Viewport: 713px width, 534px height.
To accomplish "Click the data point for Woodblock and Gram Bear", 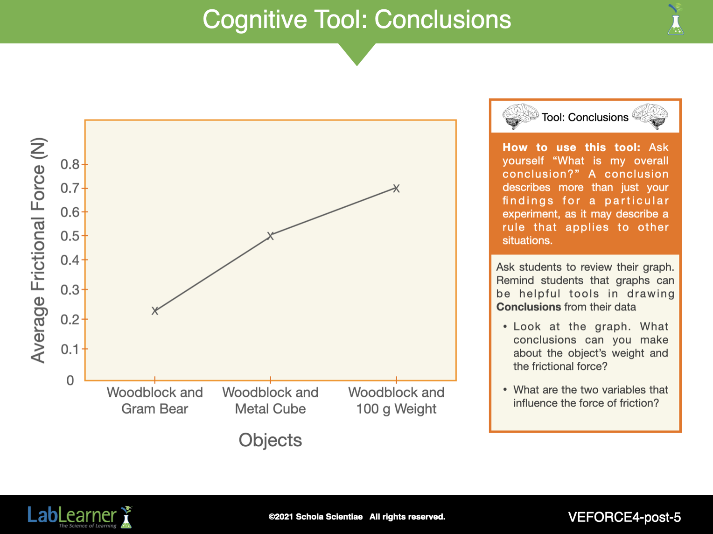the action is pos(155,311).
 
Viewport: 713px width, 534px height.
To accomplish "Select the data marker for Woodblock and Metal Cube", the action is pos(270,236).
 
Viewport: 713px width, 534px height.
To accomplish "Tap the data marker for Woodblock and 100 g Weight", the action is pos(396,189).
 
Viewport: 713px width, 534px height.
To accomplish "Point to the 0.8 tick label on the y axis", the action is pos(70,165).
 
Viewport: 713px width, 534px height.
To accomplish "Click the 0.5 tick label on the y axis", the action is pos(70,236).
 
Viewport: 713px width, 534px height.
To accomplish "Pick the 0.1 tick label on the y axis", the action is pos(70,349).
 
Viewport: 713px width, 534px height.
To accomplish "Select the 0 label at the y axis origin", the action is pos(70,380).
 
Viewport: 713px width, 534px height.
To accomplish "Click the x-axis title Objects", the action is pos(270,440).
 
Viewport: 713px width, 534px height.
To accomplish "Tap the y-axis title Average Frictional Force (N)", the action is pos(38,250).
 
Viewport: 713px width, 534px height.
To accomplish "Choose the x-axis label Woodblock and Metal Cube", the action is pos(270,400).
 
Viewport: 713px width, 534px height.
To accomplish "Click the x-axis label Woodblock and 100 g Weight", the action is pos(396,400).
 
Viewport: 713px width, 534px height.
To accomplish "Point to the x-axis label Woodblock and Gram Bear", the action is pos(155,400).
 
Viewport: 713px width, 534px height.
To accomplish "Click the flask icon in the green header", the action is pos(676,20).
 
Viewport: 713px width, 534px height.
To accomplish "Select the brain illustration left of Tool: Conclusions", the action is pos(520,116).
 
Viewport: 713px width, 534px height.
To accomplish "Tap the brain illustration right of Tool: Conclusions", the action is pos(650,116).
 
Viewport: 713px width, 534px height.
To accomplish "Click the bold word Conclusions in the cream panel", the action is pos(529,307).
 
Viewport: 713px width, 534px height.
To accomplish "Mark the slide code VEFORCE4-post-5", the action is pos(624,517).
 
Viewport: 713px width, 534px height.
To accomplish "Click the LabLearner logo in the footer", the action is pos(80,517).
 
